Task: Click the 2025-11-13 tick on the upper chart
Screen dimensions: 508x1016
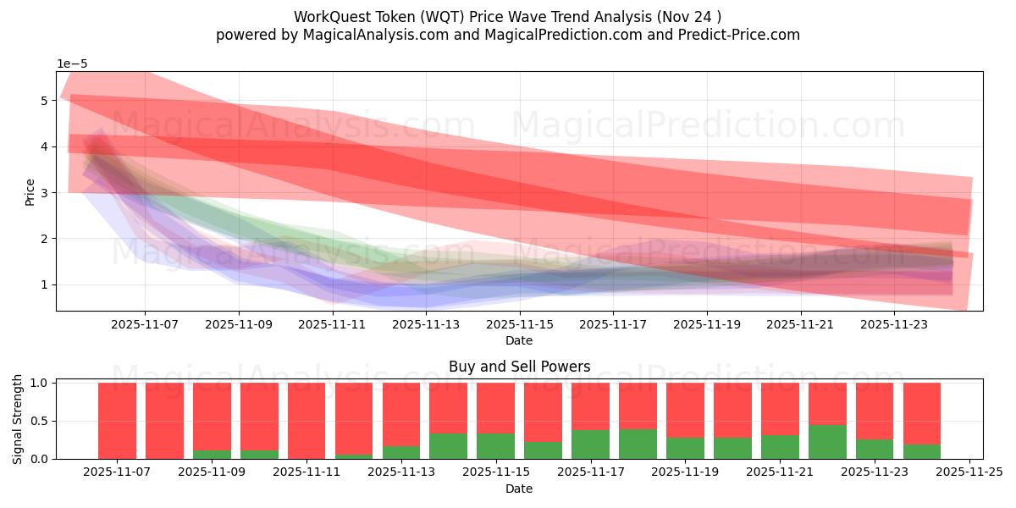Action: click(x=425, y=323)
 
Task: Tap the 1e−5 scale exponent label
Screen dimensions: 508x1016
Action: click(x=72, y=63)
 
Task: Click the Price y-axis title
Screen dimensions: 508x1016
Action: click(x=30, y=191)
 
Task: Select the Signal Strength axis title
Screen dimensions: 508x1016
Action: click(x=19, y=419)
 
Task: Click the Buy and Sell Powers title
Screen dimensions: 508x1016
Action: click(x=519, y=367)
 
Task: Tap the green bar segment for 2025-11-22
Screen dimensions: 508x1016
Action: click(x=826, y=442)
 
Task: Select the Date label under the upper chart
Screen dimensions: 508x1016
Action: click(x=519, y=340)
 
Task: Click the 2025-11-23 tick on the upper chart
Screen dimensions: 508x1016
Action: click(x=893, y=323)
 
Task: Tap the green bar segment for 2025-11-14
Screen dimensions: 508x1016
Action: click(x=448, y=446)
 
